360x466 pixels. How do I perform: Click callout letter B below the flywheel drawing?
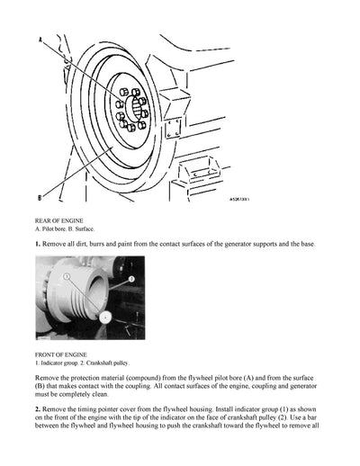pyautogui.click(x=40, y=197)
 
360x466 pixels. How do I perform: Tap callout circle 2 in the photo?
pyautogui.click(x=130, y=280)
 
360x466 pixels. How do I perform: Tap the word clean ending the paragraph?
pyautogui.click(x=118, y=395)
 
